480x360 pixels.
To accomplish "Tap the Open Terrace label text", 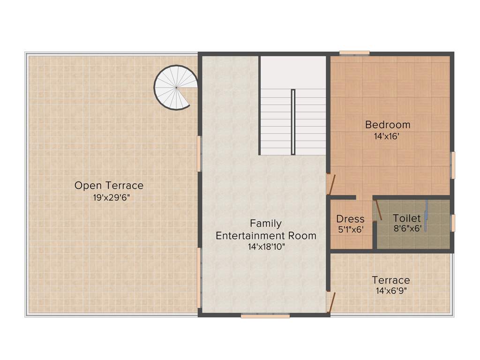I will (109, 186).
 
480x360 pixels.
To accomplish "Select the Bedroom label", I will (388, 125).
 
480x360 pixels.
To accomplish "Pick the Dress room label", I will (350, 219).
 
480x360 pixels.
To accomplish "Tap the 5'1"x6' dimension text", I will (351, 230).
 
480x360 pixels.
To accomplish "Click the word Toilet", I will (407, 218).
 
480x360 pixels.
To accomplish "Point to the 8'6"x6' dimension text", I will (408, 228).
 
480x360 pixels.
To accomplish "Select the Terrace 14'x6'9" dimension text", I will (391, 291).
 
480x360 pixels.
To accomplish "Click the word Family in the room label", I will (266, 223).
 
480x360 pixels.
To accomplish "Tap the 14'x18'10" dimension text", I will (266, 247).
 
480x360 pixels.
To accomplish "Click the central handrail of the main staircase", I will (293, 122).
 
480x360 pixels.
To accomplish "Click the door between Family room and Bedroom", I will (330, 183).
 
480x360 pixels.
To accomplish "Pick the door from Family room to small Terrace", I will (330, 300).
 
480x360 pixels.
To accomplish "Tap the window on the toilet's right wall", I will (453, 222).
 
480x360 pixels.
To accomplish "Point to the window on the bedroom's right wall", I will (453, 165).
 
